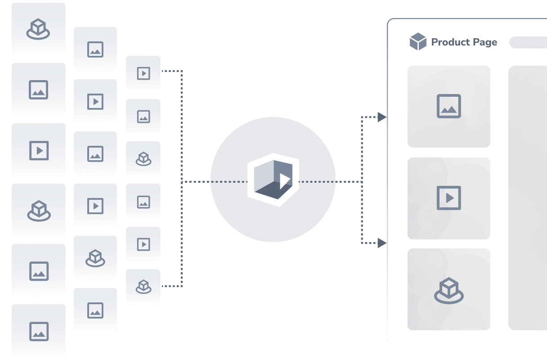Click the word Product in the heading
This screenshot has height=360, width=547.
450,42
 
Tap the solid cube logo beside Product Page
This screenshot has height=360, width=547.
418,41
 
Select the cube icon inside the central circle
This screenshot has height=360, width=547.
273,180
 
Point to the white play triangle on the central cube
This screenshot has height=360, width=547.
284,181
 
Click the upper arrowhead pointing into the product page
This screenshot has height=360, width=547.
382,117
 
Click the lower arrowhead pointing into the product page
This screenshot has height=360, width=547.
382,243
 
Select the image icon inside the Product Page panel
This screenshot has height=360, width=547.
449,106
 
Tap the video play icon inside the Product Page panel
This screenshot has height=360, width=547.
449,198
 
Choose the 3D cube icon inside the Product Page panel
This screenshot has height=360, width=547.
449,291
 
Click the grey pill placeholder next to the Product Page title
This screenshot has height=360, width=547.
528,42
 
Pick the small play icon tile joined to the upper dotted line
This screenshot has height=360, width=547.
143,73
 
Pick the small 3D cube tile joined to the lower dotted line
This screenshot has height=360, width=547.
143,286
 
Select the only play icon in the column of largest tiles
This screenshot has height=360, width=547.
39,150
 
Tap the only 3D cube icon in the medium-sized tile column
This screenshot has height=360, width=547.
95,258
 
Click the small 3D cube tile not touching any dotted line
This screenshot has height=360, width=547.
143,159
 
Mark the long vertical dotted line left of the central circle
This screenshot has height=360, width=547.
182,179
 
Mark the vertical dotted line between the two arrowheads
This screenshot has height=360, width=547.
362,180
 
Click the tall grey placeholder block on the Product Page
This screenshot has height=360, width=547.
528,198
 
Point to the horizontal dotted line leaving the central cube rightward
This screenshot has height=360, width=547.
331,182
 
